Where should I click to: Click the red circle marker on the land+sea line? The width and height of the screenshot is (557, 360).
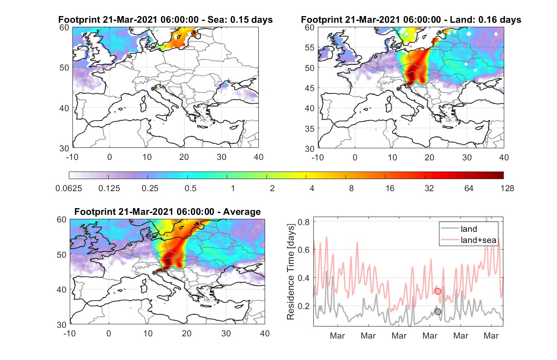438,291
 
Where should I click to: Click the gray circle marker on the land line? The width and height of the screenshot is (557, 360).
438,312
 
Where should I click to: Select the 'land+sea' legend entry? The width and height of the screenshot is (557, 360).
468,240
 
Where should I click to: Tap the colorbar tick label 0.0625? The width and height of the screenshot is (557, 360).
69,188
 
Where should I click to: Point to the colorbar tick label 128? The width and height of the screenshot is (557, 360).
507,188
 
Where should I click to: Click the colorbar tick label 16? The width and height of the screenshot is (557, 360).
390,188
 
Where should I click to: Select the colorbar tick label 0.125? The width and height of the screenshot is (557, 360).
109,188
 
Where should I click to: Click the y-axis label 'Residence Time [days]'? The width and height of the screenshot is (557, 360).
291,272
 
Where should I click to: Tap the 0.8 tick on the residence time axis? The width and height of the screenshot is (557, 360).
304,222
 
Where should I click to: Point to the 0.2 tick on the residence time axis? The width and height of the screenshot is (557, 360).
304,306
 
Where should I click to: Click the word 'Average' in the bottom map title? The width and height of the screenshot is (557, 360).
242,212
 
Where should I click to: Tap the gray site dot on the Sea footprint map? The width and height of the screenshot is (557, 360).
153,89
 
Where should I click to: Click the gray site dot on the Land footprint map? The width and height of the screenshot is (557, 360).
398,89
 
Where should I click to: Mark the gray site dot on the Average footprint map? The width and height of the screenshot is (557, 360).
154,272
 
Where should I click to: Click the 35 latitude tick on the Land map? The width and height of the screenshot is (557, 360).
309,129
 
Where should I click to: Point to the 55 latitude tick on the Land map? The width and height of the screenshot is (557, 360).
309,47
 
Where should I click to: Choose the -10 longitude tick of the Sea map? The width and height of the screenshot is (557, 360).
72,157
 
